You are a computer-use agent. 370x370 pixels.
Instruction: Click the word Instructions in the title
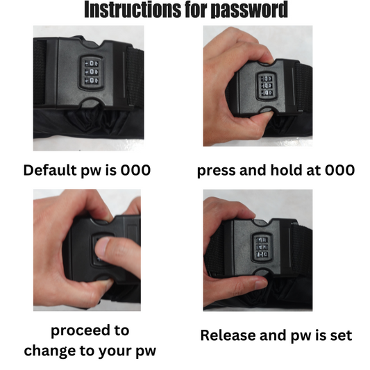133,10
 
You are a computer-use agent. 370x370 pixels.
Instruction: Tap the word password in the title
249,10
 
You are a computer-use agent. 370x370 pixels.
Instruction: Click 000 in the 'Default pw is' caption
135,170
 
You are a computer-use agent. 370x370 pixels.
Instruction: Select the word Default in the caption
50,170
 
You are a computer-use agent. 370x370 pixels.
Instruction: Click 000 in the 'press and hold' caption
339,170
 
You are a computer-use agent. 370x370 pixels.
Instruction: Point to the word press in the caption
216,171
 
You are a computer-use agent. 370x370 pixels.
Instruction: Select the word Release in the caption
228,335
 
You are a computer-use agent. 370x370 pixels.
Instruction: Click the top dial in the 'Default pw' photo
92,63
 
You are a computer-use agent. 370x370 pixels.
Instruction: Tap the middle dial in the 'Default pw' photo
92,72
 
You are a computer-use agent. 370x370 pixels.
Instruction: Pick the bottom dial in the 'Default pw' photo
92,81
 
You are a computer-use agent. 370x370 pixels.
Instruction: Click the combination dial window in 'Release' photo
262,247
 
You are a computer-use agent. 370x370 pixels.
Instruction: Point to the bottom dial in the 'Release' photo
262,254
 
